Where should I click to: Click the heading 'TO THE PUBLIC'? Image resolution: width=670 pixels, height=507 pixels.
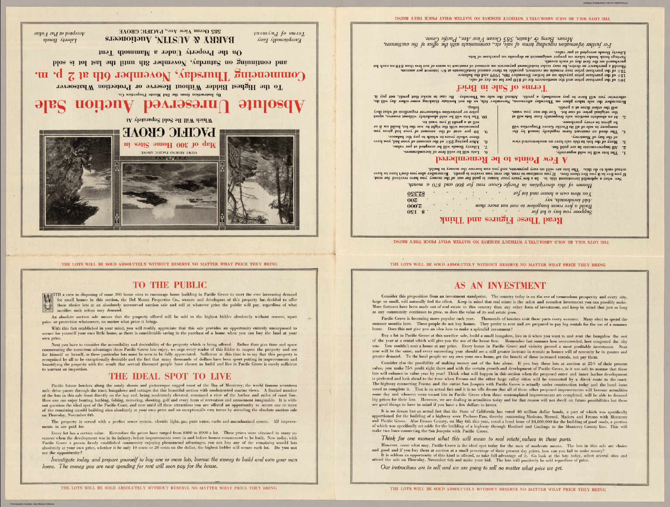point(169,285)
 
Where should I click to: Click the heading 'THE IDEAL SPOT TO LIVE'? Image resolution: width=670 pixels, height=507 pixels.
point(170,376)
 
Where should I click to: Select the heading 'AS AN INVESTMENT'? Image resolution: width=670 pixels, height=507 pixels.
point(500,286)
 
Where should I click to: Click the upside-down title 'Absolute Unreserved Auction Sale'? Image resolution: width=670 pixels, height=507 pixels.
point(170,106)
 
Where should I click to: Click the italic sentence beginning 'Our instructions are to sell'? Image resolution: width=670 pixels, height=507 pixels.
point(472,468)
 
